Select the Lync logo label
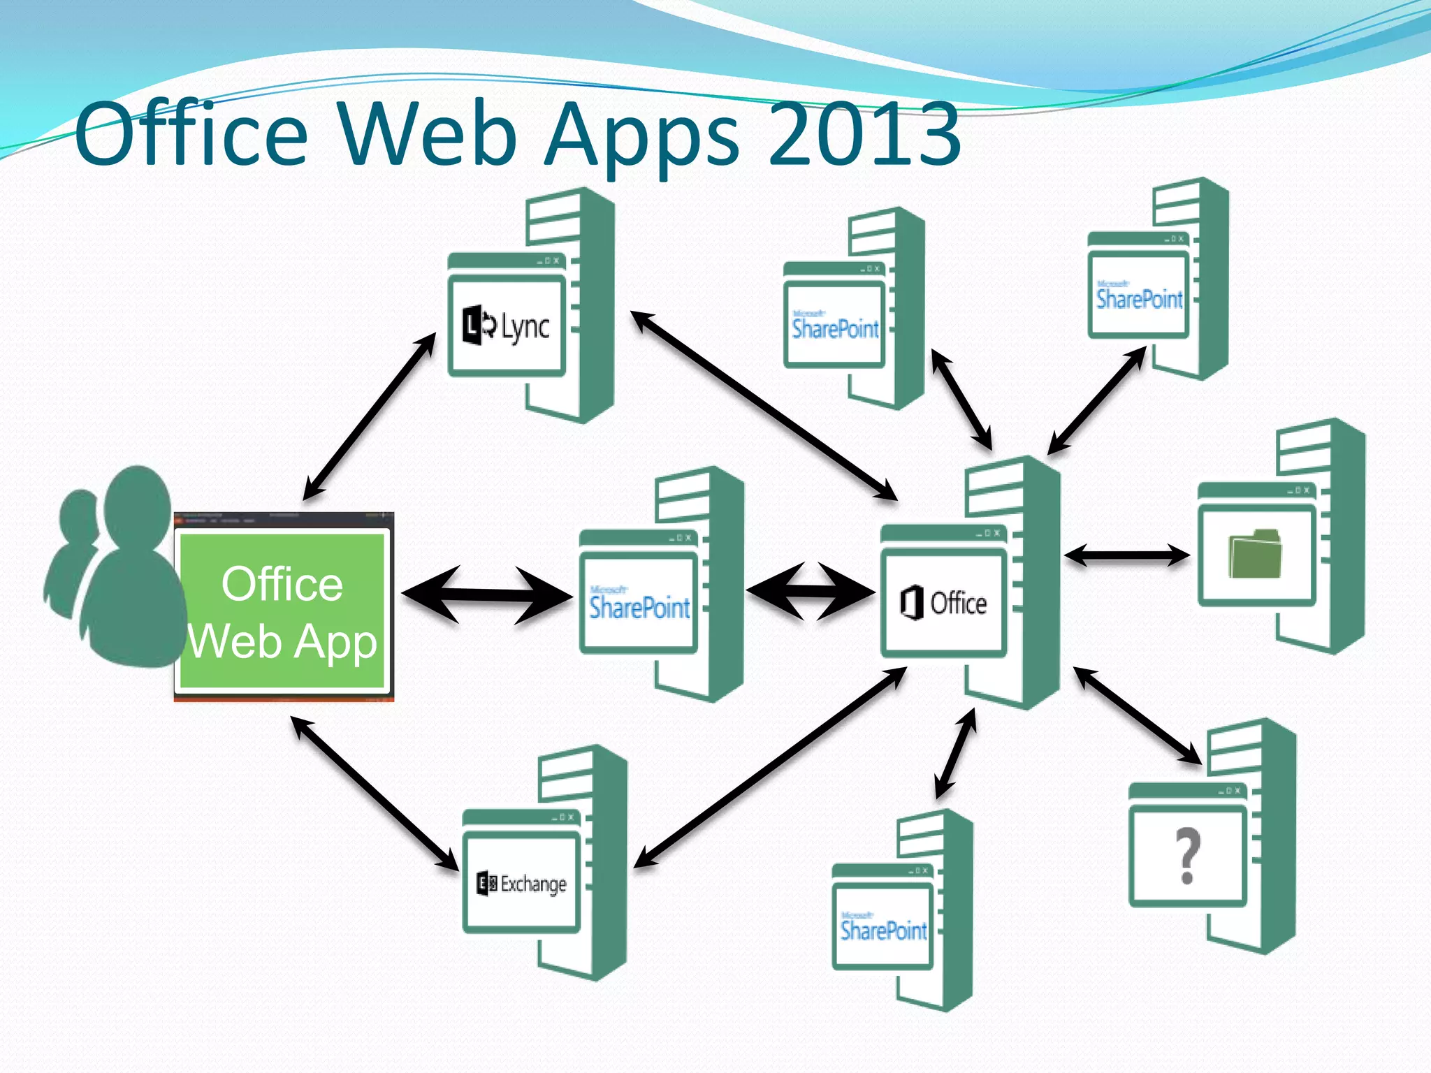point(507,326)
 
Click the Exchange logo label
point(522,884)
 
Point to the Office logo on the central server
point(943,603)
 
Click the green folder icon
point(1255,554)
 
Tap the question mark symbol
point(1187,855)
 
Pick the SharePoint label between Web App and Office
point(639,605)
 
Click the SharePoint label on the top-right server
point(1139,298)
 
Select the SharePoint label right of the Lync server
point(835,326)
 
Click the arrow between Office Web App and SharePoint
point(487,594)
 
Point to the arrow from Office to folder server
point(1126,556)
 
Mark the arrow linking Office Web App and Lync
point(370,416)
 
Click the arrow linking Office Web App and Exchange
point(375,794)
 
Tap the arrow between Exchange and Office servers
point(771,768)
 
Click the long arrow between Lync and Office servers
point(764,405)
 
